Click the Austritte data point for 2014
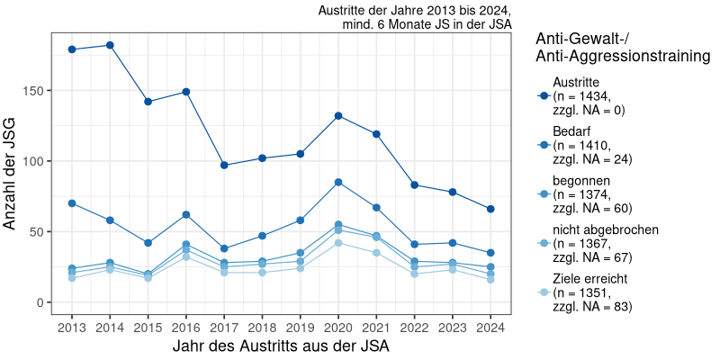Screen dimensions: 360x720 [110, 45]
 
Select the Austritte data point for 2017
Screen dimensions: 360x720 [224, 165]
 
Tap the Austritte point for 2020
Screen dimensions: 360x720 [338, 115]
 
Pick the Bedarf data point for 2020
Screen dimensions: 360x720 [338, 182]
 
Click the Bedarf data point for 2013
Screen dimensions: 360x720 [72, 203]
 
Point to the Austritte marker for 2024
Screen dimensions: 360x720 [490, 209]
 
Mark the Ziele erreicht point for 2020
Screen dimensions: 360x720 [338, 243]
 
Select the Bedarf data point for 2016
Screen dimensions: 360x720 [186, 214]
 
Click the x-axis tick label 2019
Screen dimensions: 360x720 [301, 327]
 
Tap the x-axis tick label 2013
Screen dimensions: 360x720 [72, 327]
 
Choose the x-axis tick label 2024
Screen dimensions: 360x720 [490, 327]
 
